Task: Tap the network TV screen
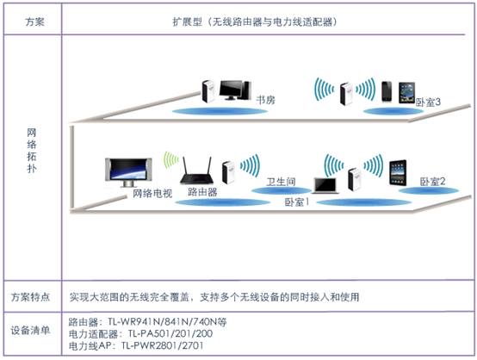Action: pos(128,172)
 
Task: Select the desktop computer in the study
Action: pos(235,90)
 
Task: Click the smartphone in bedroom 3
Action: pos(387,91)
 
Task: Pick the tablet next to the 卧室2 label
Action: pos(398,172)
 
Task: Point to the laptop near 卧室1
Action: pos(325,186)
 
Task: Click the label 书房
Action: pos(265,100)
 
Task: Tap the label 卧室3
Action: pos(428,102)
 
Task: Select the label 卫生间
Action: pos(281,182)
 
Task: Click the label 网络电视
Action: pos(152,193)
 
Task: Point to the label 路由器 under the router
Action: pos(202,192)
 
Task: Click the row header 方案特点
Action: pos(30,297)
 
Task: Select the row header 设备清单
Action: pos(30,330)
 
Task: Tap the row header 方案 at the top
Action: pos(34,22)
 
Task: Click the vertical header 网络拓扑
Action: pos(32,151)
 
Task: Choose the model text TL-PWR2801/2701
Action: pos(162,345)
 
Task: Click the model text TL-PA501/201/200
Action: pos(170,333)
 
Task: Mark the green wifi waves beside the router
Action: pos(171,160)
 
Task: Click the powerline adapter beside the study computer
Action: pos(208,91)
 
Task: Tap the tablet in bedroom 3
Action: pos(406,93)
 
